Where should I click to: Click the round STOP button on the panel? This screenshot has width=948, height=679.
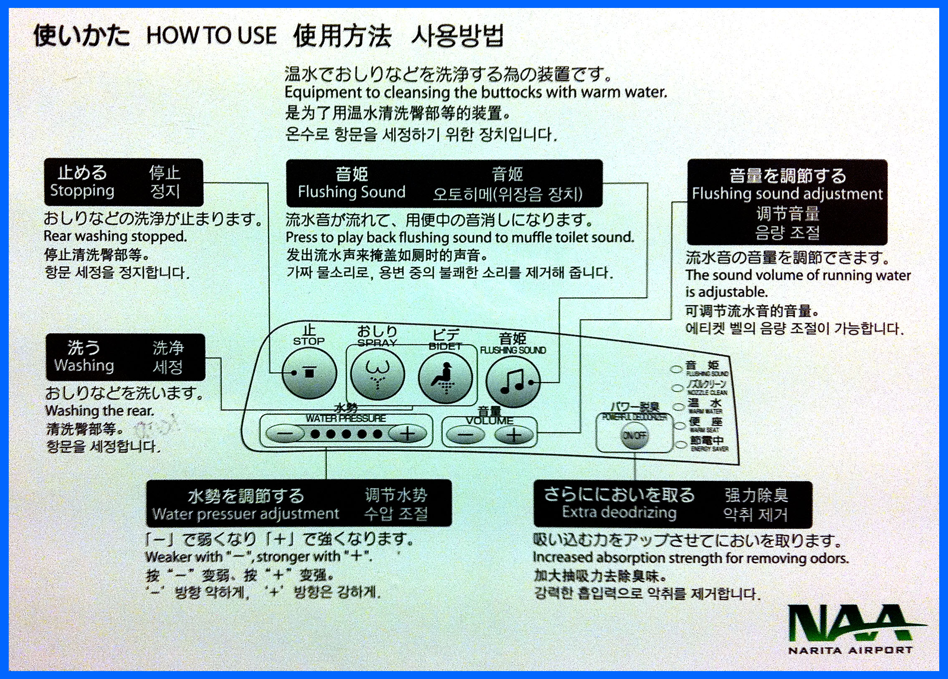coord(309,373)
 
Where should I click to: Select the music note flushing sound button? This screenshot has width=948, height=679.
coord(513,381)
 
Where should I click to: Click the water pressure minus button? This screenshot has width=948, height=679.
coord(285,434)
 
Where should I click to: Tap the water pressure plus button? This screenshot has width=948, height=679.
coord(407,434)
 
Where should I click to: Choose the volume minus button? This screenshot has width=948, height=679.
coord(465,435)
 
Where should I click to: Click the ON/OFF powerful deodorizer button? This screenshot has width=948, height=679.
coord(634,436)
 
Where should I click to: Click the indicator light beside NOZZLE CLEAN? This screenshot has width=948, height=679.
coord(678,388)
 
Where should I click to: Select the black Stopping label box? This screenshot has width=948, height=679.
coord(124,182)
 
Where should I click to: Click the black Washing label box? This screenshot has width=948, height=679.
coord(125,357)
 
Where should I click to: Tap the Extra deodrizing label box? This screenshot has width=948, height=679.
coord(672,504)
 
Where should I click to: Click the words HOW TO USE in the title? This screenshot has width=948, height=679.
coord(211,35)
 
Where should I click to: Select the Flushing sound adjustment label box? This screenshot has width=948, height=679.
coord(787,202)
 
